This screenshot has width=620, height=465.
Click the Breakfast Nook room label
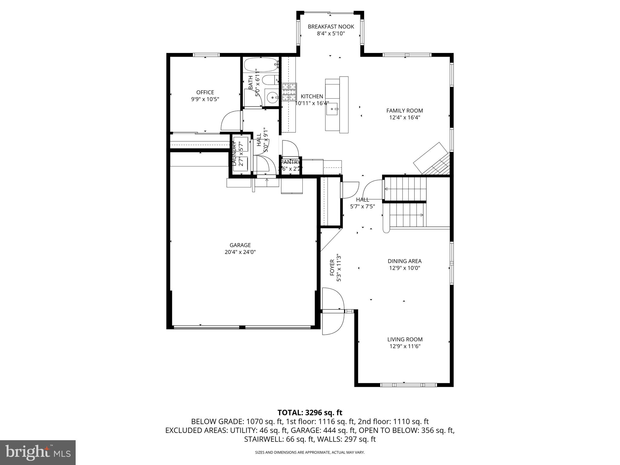[331, 27]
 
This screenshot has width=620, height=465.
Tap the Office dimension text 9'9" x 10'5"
[205, 99]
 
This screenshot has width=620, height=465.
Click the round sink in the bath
[272, 97]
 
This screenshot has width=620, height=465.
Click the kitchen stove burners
[289, 92]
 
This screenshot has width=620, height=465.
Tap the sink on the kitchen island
[334, 108]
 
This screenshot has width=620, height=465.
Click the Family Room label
[404, 110]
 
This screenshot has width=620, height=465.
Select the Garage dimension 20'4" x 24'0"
[240, 252]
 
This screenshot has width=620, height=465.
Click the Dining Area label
[404, 261]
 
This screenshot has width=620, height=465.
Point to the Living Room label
[405, 339]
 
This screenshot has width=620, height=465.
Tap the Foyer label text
[332, 267]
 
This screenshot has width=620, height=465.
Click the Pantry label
[290, 162]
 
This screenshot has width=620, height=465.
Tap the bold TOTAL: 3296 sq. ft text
[310, 412]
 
